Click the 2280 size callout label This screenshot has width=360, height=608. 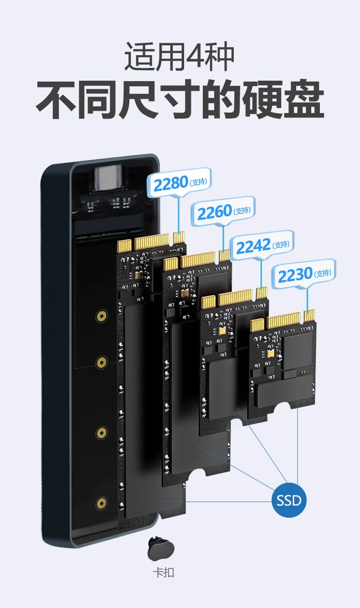tap(179, 182)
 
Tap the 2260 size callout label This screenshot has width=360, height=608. tap(223, 211)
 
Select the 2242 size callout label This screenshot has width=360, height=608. tap(262, 245)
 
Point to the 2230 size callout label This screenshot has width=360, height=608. tap(304, 273)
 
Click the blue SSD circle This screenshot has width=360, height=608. tap(289, 500)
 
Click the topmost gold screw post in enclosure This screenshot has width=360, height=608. tap(102, 316)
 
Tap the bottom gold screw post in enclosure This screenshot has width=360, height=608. tap(102, 503)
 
